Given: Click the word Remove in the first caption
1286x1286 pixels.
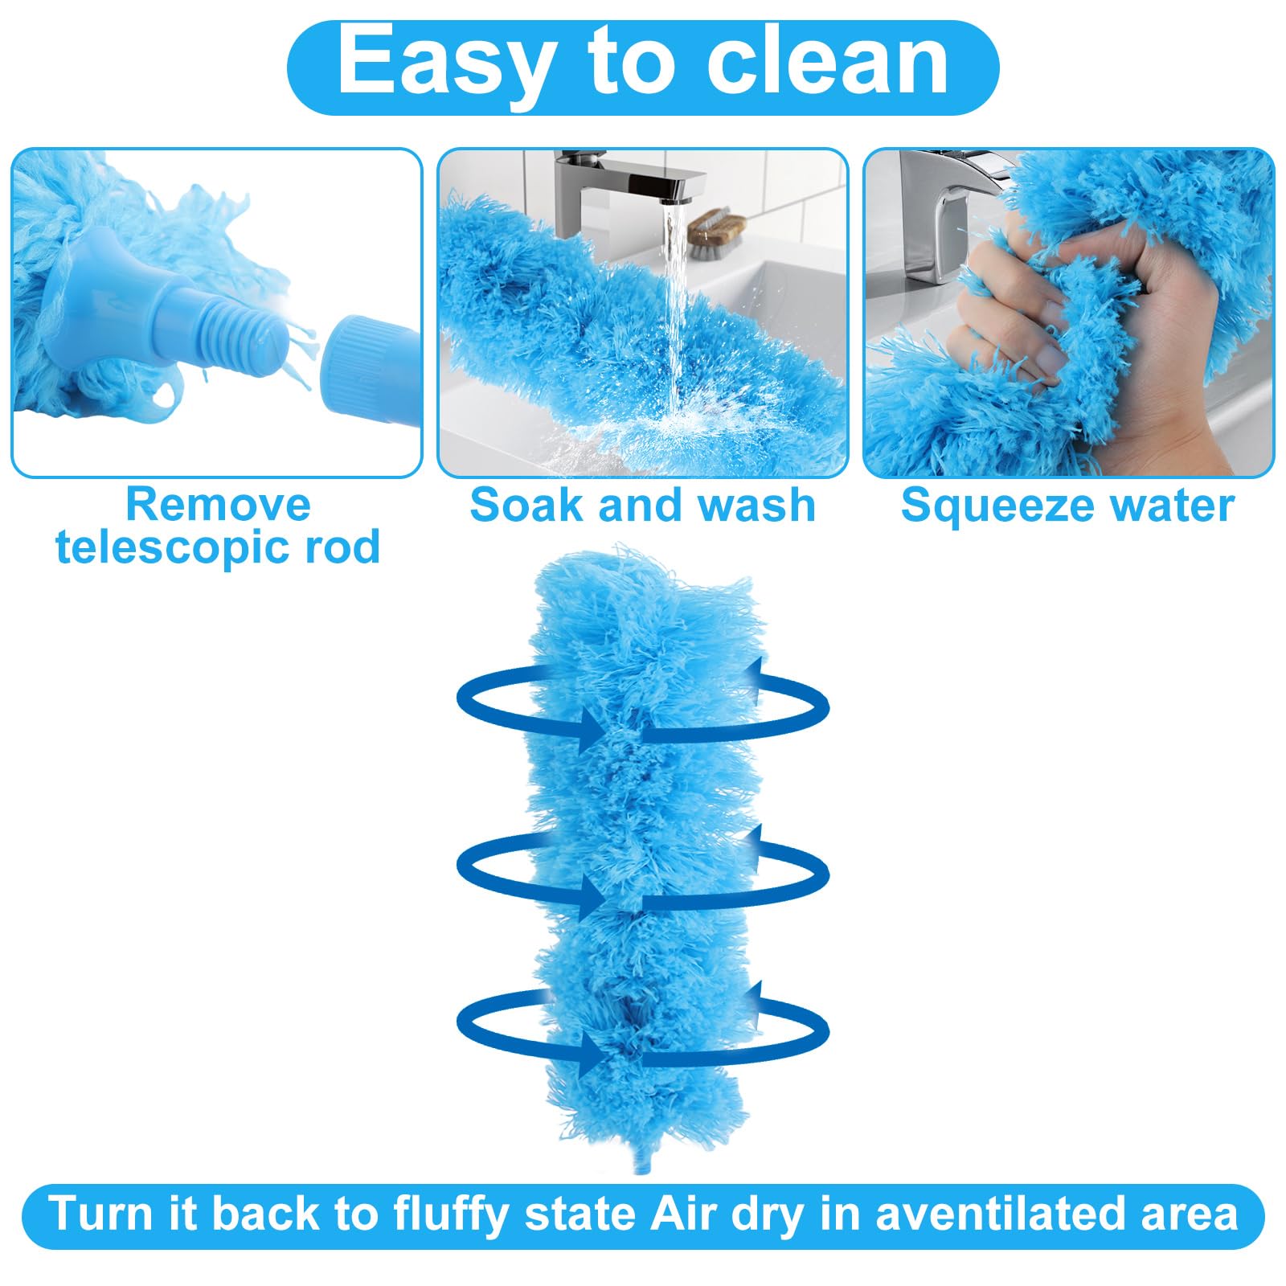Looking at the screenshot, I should pos(218,505).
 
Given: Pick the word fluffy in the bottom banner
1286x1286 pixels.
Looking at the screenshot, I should pos(450,1214).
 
